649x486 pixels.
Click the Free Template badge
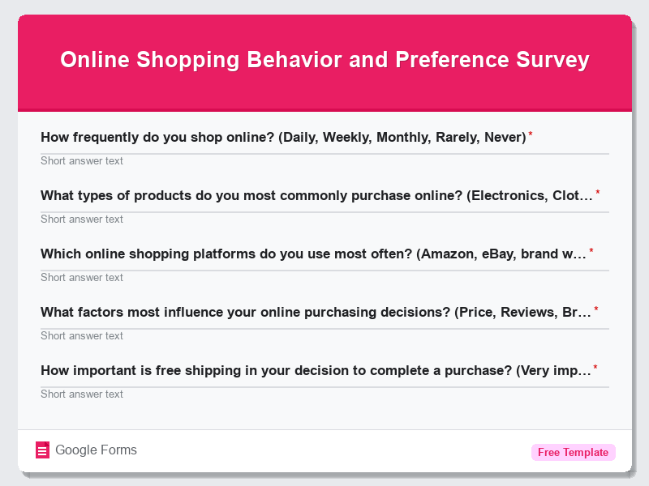pyautogui.click(x=573, y=452)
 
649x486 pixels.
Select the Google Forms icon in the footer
pyautogui.click(x=43, y=450)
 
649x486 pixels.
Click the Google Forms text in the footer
pyautogui.click(x=96, y=450)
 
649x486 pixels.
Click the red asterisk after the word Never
pyautogui.click(x=531, y=134)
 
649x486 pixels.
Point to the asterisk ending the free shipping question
pyautogui.click(x=595, y=368)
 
